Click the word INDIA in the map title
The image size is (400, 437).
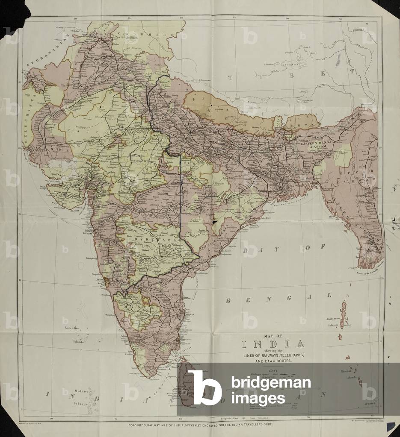pyautogui.click(x=273, y=344)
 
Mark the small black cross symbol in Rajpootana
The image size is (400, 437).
pyautogui.click(x=101, y=106)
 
